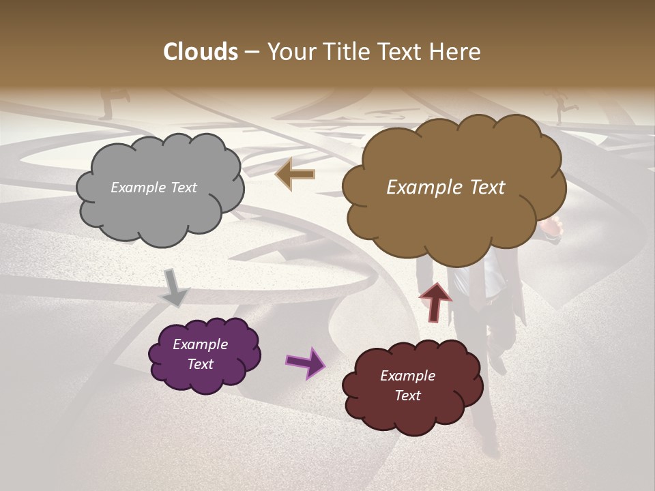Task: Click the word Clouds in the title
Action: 201,52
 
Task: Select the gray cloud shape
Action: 160,189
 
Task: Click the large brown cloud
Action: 453,188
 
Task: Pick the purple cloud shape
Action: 204,355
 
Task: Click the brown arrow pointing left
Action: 295,175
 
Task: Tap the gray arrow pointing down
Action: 175,288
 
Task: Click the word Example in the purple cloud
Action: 200,344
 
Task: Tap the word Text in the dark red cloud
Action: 407,396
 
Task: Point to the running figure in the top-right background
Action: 563,108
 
